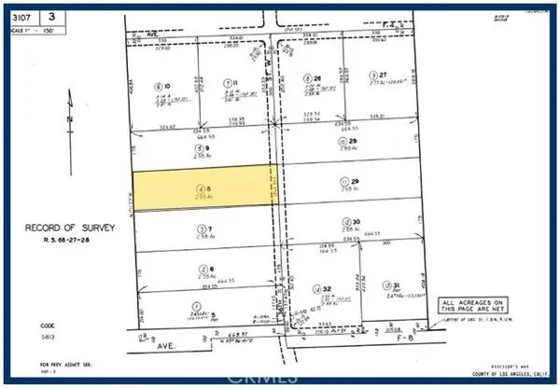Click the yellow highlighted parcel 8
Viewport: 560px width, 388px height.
[205, 187]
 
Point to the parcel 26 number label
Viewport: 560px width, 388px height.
[315, 78]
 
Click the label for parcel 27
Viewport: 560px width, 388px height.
[376, 75]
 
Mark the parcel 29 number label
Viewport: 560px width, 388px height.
[349, 182]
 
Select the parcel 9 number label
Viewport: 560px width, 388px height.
[200, 147]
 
